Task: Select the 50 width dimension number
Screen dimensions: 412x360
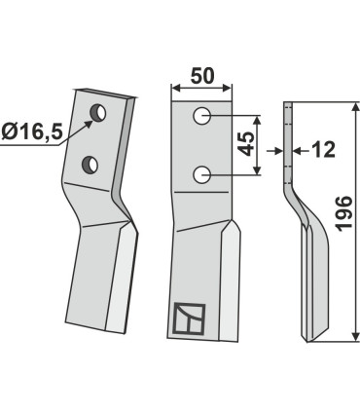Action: pos(202,74)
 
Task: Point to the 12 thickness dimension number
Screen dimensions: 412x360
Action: pos(322,150)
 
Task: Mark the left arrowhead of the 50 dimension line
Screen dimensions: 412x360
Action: pos(175,90)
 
